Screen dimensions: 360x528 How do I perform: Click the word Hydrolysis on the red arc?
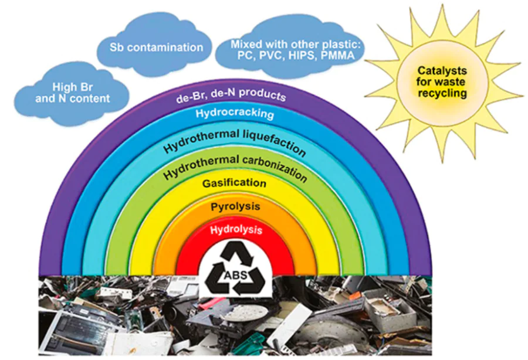[236, 230]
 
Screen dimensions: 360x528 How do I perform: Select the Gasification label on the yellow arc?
[235, 184]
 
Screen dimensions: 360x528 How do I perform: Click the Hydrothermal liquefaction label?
[235, 140]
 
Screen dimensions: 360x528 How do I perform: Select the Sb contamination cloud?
[157, 46]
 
